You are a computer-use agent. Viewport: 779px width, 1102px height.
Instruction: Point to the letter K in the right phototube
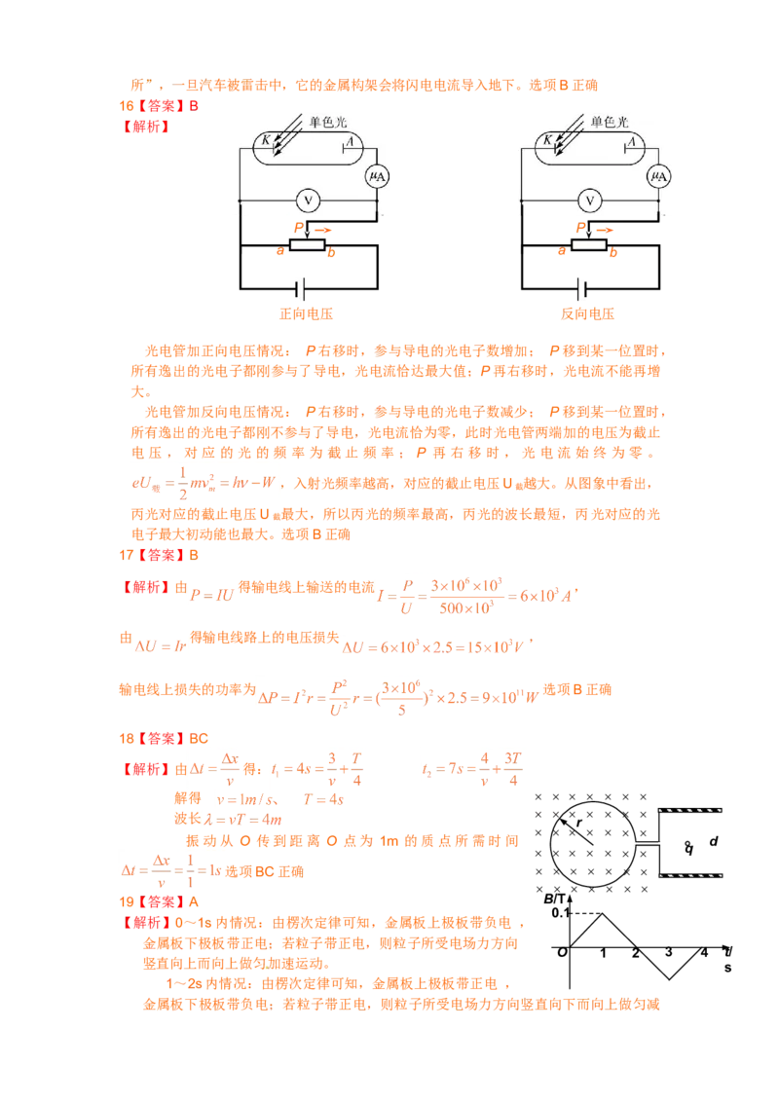click(547, 142)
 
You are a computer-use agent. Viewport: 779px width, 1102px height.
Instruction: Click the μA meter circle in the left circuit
click(377, 176)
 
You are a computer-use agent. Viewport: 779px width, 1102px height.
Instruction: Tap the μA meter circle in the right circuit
click(658, 176)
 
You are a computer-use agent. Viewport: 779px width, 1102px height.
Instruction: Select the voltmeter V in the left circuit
click(308, 201)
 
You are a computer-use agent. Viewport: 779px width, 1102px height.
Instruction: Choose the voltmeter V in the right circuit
click(589, 201)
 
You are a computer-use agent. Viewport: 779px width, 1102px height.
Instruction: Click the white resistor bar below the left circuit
click(307, 245)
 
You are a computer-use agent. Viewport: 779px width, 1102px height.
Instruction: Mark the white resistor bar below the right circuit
click(588, 245)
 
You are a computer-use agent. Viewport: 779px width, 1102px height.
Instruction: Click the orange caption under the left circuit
click(305, 314)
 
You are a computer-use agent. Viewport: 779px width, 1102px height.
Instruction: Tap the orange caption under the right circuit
click(586, 314)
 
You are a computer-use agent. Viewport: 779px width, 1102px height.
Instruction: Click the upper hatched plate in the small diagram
click(689, 810)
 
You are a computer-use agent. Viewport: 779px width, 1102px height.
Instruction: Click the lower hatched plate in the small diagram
click(689, 875)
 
